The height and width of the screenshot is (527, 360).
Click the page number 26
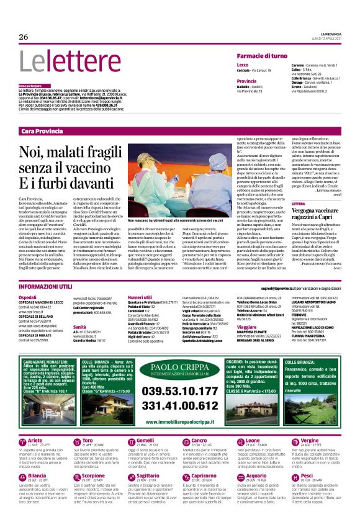coord(24,37)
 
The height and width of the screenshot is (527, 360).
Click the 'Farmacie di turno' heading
coord(262,56)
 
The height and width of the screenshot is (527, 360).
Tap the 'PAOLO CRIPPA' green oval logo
coord(180,370)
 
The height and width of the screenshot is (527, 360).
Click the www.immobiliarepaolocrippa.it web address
coord(180,421)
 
